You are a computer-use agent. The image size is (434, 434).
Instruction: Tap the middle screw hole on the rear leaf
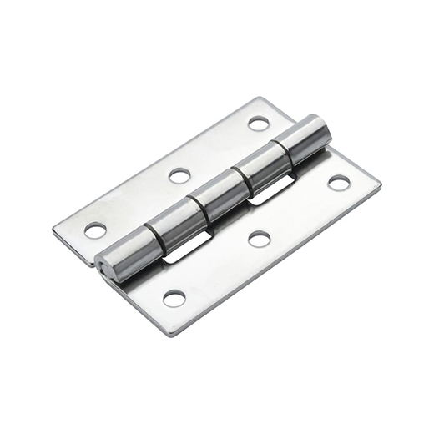(x=179, y=175)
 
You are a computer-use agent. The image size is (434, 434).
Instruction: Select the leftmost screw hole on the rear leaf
(x=95, y=229)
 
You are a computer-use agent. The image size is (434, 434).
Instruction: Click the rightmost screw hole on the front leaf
(x=338, y=183)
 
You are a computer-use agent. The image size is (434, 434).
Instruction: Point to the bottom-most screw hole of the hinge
(x=174, y=298)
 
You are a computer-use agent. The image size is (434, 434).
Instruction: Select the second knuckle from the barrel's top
(x=265, y=168)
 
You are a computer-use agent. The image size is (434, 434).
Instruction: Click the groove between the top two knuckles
(x=285, y=151)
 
